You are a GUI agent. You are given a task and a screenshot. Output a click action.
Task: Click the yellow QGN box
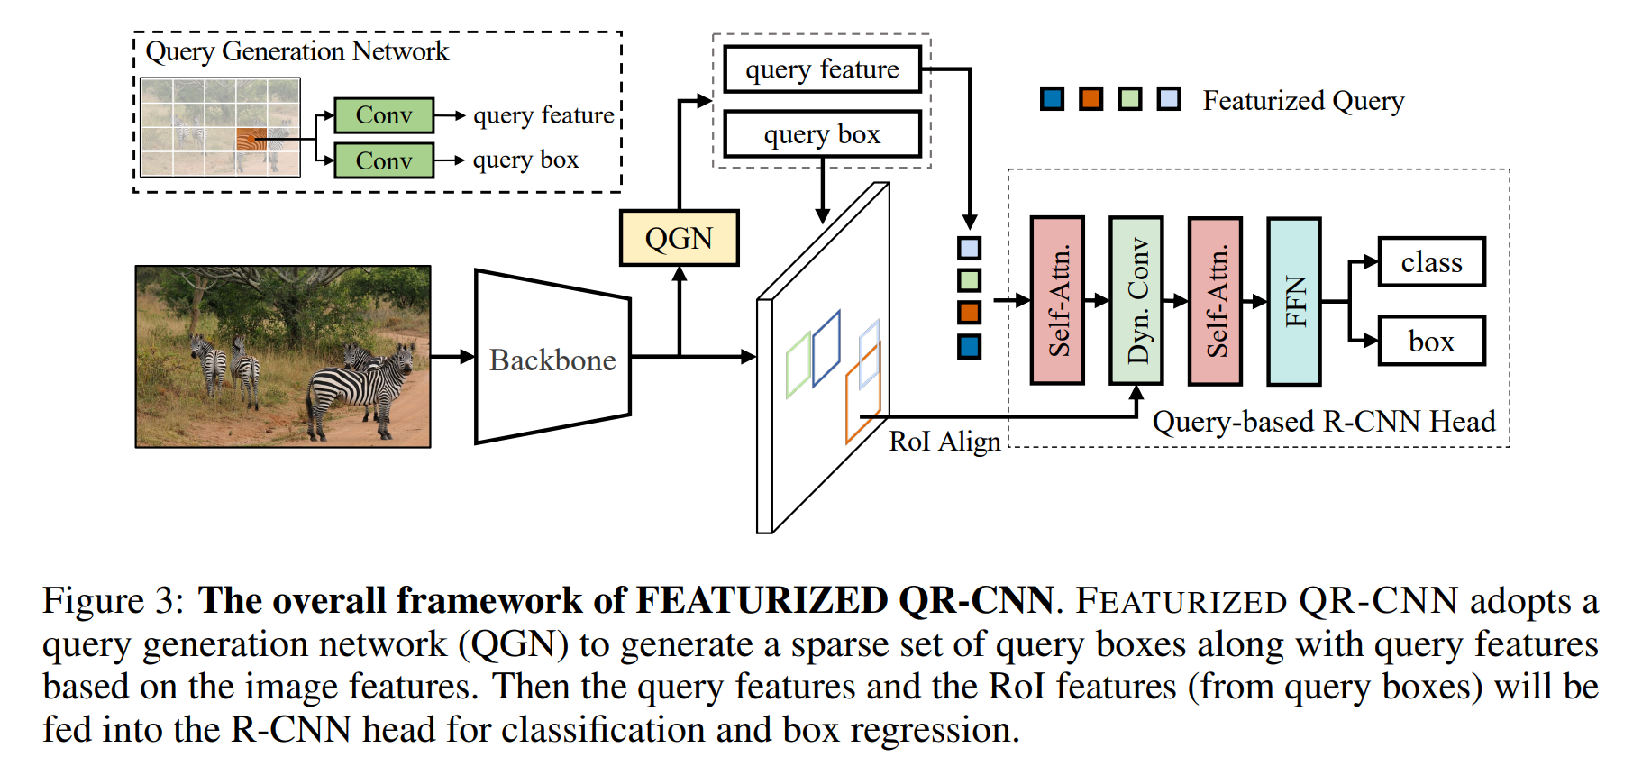point(679,238)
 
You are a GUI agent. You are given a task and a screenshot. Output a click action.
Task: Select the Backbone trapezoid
point(552,358)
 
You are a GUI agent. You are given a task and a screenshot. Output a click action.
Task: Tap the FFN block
point(1293,301)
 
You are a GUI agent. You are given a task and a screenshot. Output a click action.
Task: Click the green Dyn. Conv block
point(1136,301)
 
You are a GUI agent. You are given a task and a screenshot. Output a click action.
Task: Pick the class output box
point(1431,262)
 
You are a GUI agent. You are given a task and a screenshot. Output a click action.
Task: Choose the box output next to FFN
point(1431,341)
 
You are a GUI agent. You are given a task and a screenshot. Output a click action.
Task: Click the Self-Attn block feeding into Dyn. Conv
point(1057,301)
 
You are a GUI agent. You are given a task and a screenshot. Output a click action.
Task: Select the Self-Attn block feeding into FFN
point(1215,301)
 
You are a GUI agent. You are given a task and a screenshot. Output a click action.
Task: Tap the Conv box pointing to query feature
point(384,115)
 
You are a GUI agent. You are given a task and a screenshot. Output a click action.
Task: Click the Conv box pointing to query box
point(384,160)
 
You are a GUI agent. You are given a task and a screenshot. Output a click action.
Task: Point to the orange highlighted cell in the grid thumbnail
point(251,140)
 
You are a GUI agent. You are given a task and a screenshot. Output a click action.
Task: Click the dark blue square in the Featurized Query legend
point(1052,99)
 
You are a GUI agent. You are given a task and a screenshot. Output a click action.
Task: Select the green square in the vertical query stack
point(969,280)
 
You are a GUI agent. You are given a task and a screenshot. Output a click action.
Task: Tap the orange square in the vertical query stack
point(969,313)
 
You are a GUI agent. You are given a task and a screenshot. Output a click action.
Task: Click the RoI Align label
point(944,442)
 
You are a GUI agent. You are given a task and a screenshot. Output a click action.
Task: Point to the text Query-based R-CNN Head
point(1323,422)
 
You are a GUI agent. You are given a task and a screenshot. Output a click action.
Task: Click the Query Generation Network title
point(296,51)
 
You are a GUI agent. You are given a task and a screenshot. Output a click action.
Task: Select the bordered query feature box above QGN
point(822,69)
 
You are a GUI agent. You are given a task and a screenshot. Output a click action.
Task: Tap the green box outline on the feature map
point(798,365)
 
